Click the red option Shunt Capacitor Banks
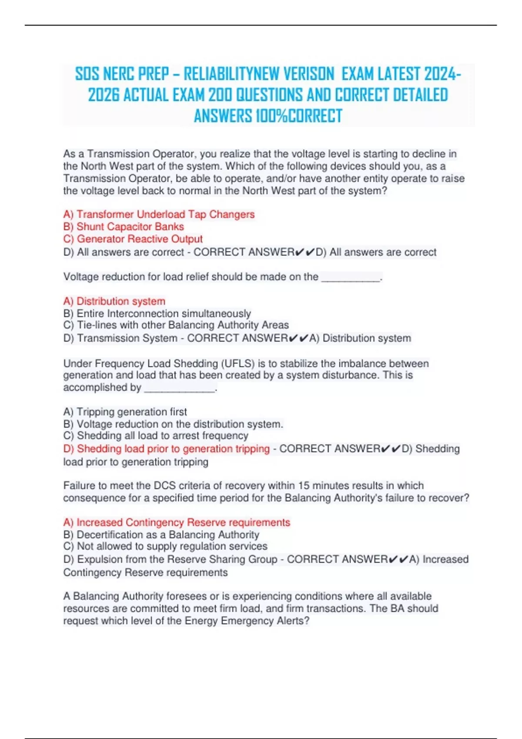click(x=124, y=226)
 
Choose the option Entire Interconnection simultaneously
click(x=157, y=313)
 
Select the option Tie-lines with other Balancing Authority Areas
click(x=176, y=325)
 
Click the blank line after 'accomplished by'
click(x=179, y=389)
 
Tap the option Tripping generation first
click(x=125, y=412)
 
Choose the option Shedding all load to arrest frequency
click(x=156, y=436)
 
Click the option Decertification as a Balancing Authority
click(x=161, y=535)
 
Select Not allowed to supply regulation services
click(x=165, y=546)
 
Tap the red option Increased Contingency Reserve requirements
click(x=177, y=523)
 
